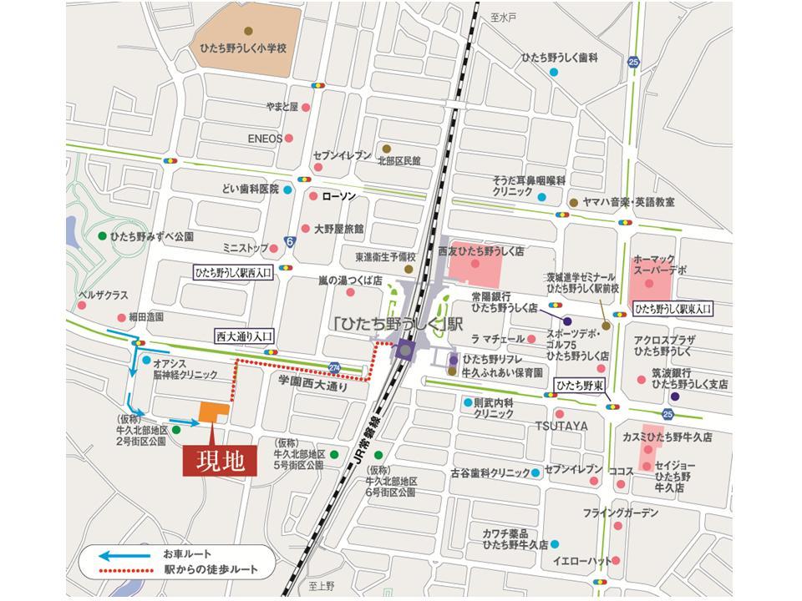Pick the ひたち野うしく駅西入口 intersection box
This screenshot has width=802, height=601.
click(x=233, y=272)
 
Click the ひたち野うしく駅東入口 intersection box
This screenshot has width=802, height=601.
click(x=673, y=308)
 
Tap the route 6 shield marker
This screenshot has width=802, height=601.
click(x=289, y=241)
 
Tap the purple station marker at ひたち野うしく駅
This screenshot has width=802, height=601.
click(x=406, y=350)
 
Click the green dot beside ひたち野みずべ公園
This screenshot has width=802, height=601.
click(x=102, y=236)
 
